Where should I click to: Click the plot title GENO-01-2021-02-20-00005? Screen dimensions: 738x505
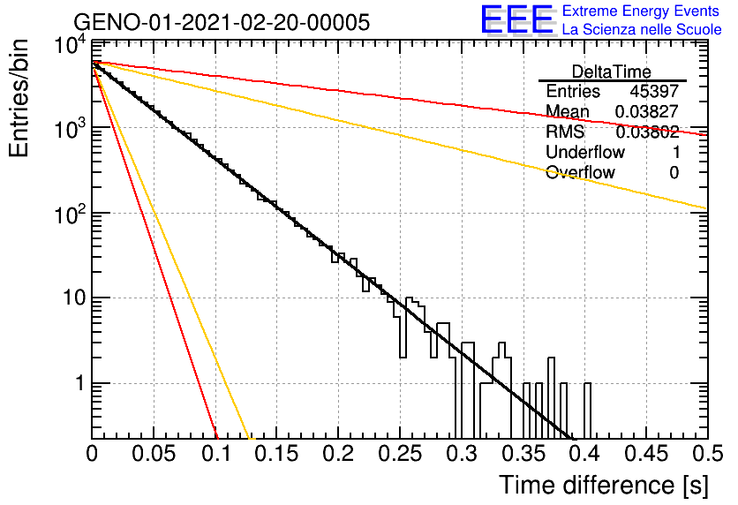coord(222,22)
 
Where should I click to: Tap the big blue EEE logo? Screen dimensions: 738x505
coord(517,19)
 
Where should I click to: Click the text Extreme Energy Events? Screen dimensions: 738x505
coord(641,11)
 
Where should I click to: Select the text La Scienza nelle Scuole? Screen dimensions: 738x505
coord(642,30)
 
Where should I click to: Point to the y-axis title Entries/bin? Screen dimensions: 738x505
coord(19,98)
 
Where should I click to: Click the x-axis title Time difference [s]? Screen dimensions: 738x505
coord(604,485)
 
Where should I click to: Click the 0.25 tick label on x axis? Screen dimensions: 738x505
coord(400,454)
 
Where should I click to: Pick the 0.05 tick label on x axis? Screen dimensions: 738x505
coord(154,454)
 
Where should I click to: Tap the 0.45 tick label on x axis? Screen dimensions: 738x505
coord(647,454)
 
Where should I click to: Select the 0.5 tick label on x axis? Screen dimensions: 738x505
coord(707,454)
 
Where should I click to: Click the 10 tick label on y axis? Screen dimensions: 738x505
coord(74,298)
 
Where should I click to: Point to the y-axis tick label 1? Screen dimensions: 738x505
coord(80,383)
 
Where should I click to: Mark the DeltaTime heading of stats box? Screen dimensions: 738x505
coord(612,72)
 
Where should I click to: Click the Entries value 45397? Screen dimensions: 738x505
coord(654,91)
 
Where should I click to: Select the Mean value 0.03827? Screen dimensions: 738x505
coord(647,111)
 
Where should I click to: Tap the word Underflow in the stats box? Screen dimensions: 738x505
coord(585,152)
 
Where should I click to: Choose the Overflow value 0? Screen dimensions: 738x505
coord(674,173)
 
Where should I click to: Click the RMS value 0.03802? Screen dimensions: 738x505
coord(647,132)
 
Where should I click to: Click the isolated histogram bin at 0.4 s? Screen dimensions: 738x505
coord(587,410)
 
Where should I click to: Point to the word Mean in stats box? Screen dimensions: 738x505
coord(567,111)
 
